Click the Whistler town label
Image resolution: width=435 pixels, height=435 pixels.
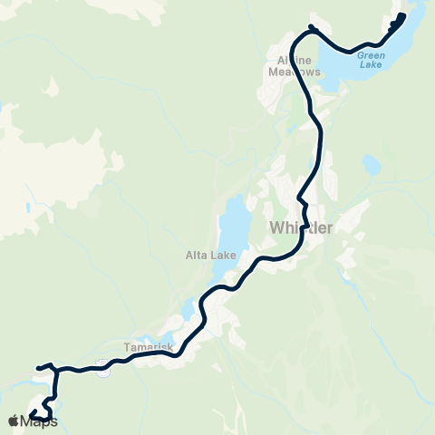pyautogui.click(x=302, y=227)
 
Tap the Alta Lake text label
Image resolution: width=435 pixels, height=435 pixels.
pyautogui.click(x=211, y=256)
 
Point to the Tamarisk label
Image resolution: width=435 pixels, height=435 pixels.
pyautogui.click(x=142, y=346)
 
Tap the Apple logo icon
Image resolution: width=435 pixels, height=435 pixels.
pyautogui.click(x=14, y=420)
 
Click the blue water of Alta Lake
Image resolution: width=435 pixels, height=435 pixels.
pyautogui.click(x=233, y=222)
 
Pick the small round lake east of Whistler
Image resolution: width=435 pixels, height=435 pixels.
pyautogui.click(x=371, y=165)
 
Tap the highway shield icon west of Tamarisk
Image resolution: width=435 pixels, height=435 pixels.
pyautogui.click(x=104, y=370)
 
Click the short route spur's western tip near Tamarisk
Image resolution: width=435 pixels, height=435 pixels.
pyautogui.click(x=38, y=367)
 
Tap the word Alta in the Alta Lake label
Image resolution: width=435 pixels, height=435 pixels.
pyautogui.click(x=198, y=256)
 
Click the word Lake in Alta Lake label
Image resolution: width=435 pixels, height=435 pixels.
pyautogui.click(x=223, y=256)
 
